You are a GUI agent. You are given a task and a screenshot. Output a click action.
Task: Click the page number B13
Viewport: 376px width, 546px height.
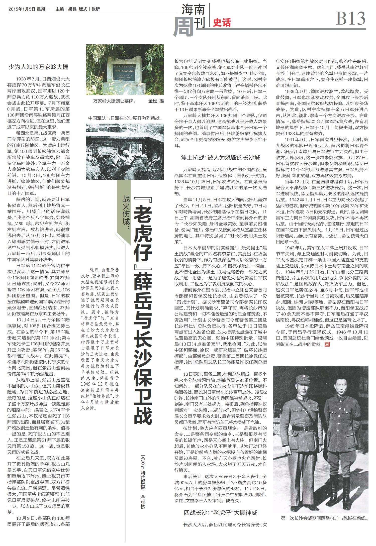pos(350,19)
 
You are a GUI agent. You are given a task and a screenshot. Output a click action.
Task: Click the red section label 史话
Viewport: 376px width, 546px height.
pos(222,23)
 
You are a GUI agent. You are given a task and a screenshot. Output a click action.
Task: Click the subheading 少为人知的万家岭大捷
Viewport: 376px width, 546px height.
pos(38,67)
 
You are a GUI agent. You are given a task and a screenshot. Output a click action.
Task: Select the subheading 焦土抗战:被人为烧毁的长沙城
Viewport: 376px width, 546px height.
pos(221,158)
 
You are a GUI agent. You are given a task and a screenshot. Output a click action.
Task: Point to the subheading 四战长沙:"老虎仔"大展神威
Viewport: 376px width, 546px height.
pos(221,513)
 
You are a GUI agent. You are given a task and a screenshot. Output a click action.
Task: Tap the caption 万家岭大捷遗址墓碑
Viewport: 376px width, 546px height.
pos(114,101)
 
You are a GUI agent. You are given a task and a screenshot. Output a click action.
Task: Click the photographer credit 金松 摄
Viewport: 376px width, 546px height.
pos(156,101)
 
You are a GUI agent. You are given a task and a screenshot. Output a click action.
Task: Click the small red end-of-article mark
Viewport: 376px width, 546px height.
pos(327,344)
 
